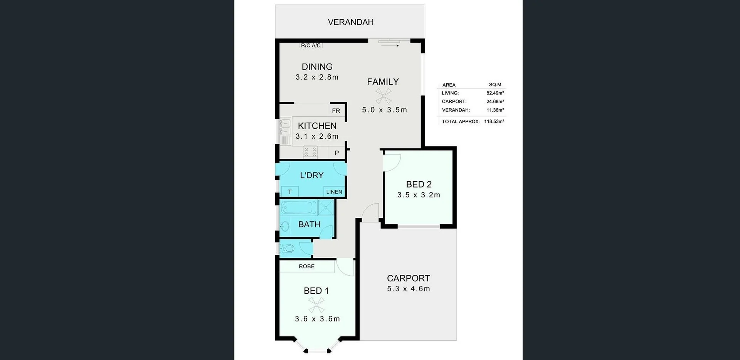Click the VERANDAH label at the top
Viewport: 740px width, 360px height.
pyautogui.click(x=350, y=22)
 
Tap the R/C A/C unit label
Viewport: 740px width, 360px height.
pyautogui.click(x=311, y=45)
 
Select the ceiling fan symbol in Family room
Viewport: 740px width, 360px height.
pyautogui.click(x=383, y=96)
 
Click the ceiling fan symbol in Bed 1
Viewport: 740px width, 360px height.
pyautogui.click(x=316, y=305)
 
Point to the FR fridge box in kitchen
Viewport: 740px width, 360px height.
pyautogui.click(x=336, y=111)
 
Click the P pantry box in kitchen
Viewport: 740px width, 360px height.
pyautogui.click(x=336, y=153)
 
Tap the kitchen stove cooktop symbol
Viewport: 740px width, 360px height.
pyautogui.click(x=310, y=152)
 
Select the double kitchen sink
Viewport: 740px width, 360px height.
pyautogui.click(x=285, y=128)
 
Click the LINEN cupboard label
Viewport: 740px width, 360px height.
pyautogui.click(x=334, y=192)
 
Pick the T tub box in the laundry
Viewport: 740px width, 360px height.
pyautogui.click(x=290, y=192)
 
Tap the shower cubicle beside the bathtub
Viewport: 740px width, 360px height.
pyautogui.click(x=326, y=207)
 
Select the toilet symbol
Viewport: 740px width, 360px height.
pyautogui.click(x=288, y=248)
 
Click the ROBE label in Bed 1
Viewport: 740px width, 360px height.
pyautogui.click(x=306, y=266)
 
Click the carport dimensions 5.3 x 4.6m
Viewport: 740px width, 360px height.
pyautogui.click(x=408, y=289)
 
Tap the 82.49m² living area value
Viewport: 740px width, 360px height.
pyautogui.click(x=495, y=93)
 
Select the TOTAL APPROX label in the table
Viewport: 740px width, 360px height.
pyautogui.click(x=461, y=121)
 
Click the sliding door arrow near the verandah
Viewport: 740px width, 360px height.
pyautogui.click(x=390, y=45)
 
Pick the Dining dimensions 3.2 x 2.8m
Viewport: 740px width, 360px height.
pyautogui.click(x=317, y=77)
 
